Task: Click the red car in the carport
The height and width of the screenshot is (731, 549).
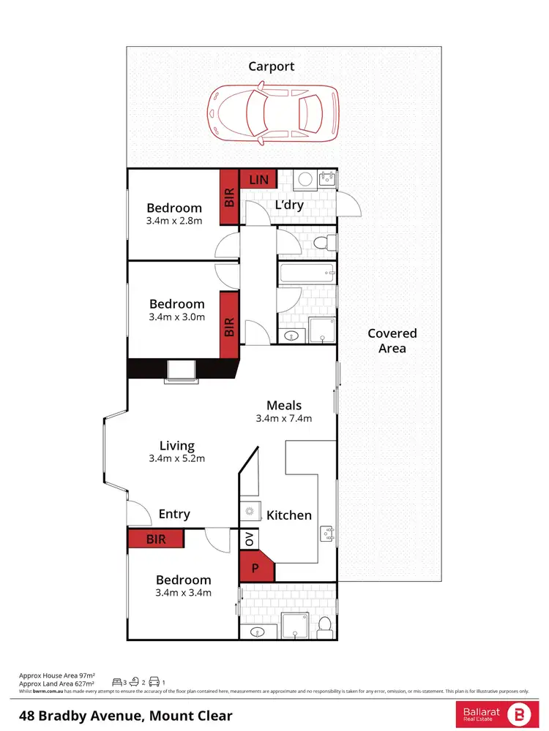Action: click(274, 113)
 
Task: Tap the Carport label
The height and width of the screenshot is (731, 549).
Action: click(271, 67)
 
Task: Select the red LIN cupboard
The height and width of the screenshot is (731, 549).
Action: click(258, 179)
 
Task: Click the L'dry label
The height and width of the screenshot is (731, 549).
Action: click(289, 205)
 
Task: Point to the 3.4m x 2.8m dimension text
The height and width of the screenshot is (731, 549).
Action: click(174, 221)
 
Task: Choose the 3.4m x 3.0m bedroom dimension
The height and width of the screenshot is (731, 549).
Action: click(176, 317)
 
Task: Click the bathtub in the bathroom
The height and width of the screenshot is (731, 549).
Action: click(307, 274)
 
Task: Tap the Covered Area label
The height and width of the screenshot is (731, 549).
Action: click(392, 341)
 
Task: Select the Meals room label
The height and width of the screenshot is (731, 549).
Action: click(284, 405)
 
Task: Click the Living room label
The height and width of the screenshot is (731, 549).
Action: click(177, 445)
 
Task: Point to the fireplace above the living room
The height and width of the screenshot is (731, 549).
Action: click(182, 371)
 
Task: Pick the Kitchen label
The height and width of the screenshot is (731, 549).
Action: click(289, 515)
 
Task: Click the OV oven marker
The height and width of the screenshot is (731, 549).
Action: click(249, 539)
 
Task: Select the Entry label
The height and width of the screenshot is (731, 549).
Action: click(174, 515)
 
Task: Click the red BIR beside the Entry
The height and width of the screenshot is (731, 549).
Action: click(156, 539)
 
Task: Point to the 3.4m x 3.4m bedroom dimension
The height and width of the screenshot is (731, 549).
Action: click(183, 593)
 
